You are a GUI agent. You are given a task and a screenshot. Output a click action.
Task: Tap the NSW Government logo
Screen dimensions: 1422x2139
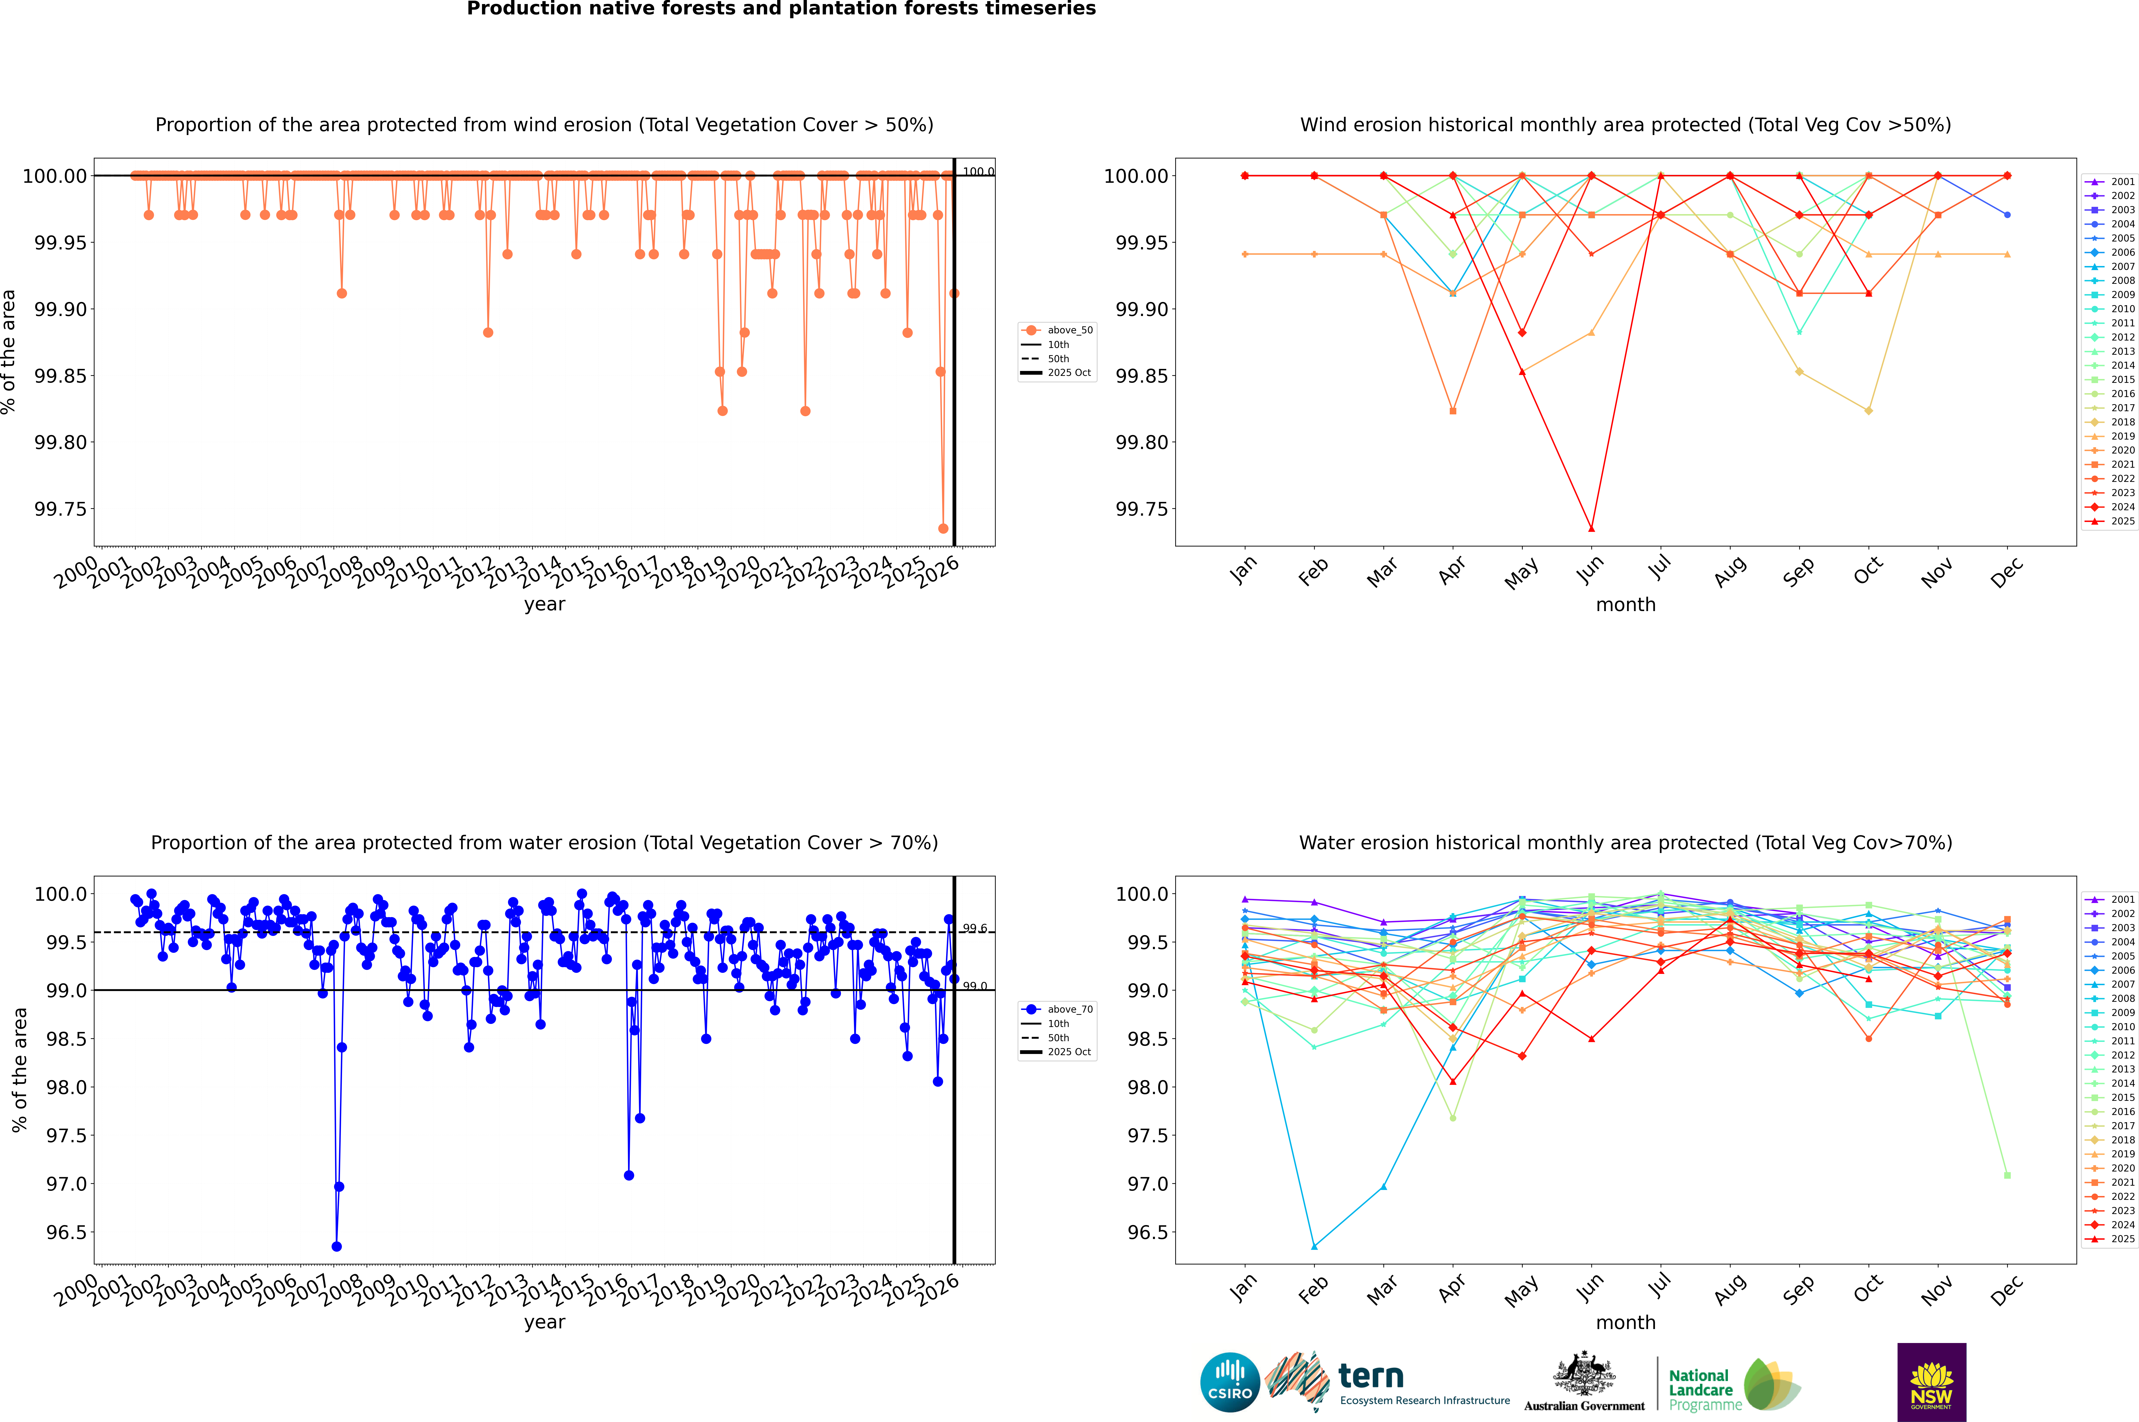[1931, 1382]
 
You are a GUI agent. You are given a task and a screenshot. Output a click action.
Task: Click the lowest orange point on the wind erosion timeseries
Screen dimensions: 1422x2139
[943, 529]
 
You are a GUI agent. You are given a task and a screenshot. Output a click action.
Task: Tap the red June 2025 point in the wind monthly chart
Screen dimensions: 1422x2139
[1591, 529]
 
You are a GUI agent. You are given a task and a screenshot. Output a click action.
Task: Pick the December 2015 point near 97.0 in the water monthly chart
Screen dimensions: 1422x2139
[2007, 1175]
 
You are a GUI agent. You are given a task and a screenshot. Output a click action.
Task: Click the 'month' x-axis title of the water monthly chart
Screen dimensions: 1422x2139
[1625, 1322]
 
